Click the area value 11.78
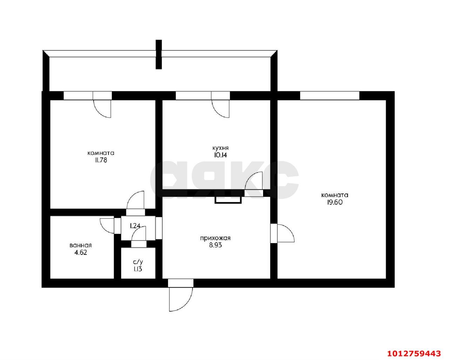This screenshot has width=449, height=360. pos(101,160)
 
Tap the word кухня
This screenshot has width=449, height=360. pos(220,148)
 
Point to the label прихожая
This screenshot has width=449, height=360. pos(215,238)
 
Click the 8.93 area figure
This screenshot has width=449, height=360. pos(215,245)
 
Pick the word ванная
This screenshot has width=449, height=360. pos(81,245)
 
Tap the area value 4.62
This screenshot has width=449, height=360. pos(81,253)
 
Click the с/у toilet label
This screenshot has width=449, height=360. pos(138,262)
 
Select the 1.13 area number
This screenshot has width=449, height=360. pos(138,269)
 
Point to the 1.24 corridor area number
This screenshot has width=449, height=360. pos(135,226)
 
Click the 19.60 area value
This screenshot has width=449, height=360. pos(335,202)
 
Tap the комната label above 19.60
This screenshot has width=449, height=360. pos(335,195)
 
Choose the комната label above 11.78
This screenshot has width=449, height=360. pos(101,153)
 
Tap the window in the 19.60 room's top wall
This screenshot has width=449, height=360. pos(330,96)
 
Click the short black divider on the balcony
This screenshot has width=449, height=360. pos(159,54)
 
